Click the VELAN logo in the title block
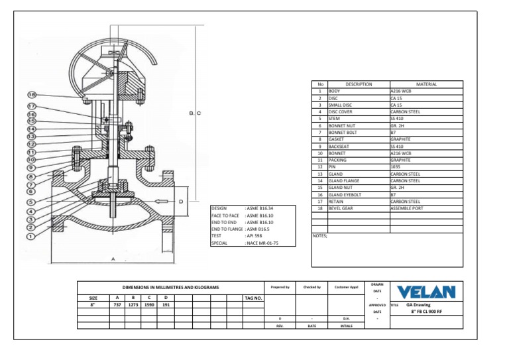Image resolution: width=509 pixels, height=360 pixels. point(426,292)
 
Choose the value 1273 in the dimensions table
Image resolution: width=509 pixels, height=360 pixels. point(133,305)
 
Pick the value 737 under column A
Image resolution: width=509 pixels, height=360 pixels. point(117,305)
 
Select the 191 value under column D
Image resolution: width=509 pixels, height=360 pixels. point(166,305)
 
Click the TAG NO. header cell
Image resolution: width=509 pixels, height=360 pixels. point(254,298)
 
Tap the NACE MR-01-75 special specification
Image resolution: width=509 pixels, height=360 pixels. point(262,243)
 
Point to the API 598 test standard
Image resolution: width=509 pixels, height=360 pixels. point(255,235)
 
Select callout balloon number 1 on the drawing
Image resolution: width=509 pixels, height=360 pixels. point(30,234)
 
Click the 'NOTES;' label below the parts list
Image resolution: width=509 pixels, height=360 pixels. point(319,235)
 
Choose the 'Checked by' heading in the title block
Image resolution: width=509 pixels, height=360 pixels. point(311,287)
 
